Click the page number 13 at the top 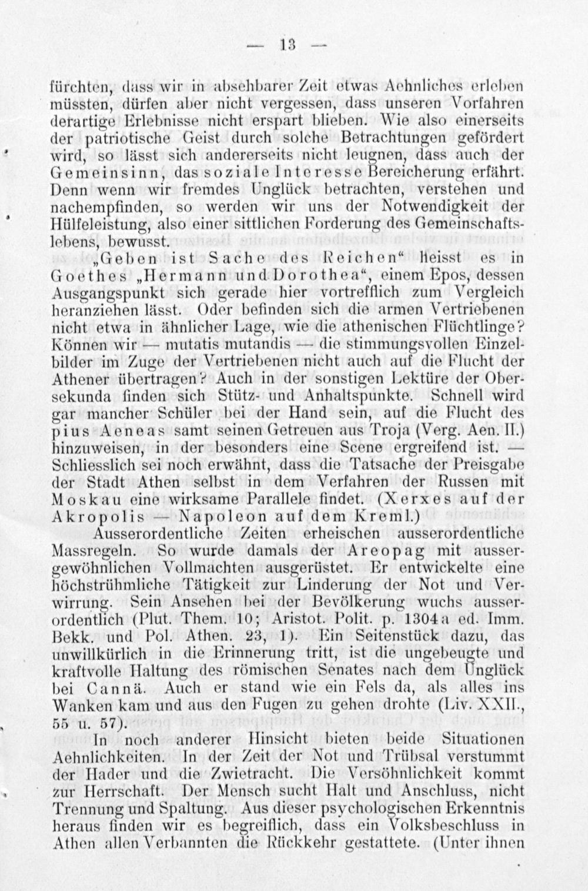coord(289,45)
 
